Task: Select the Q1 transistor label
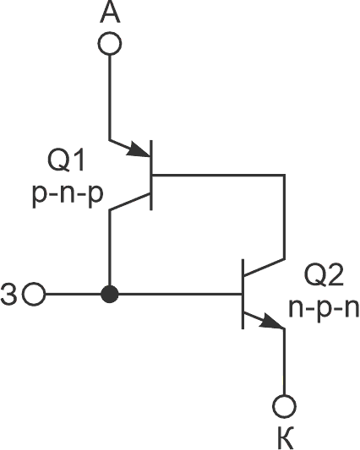pos(66,160)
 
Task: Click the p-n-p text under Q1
pos(68,195)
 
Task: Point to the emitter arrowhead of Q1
pos(139,149)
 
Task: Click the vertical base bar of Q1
pos(151,175)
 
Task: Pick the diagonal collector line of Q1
pos(130,202)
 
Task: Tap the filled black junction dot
pos(110,294)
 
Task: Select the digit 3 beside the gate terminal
pos(9,295)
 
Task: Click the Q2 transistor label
pos(324,275)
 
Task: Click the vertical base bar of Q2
pos(243,294)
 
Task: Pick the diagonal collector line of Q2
pos(264,268)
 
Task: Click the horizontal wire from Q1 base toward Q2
pos(218,175)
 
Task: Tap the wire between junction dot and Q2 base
pos(180,294)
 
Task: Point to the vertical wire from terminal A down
pos(110,98)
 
